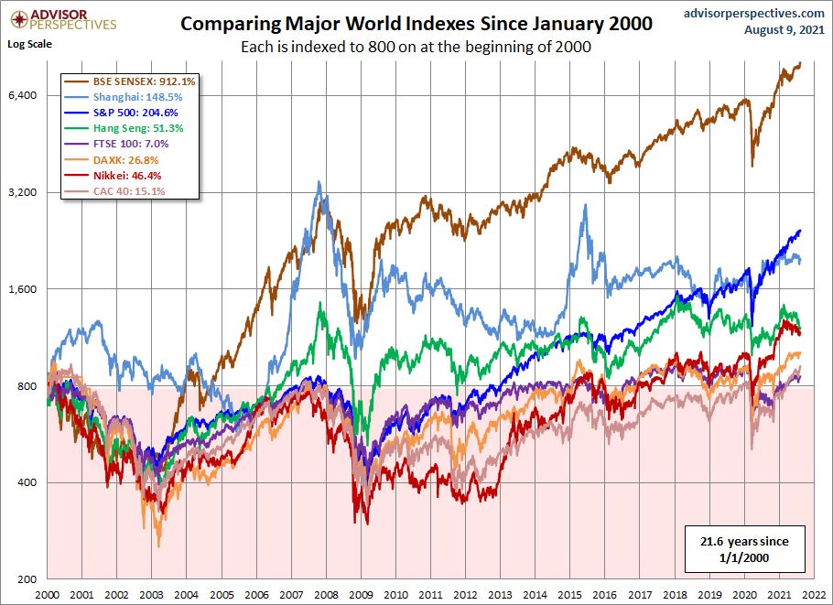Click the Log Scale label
click(29, 43)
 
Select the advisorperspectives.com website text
click(753, 13)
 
